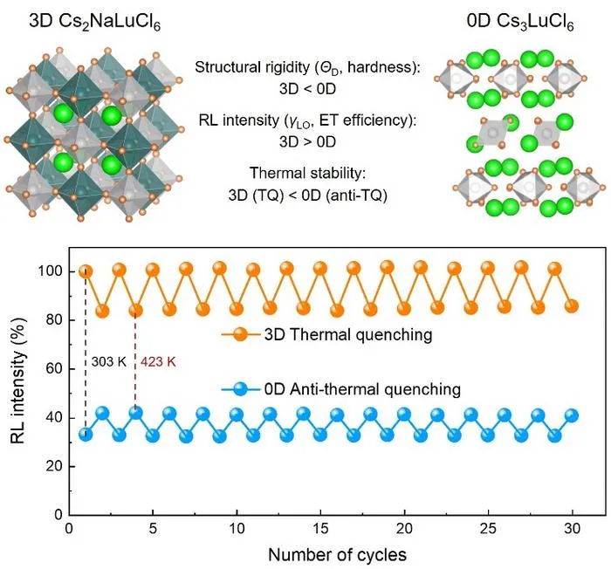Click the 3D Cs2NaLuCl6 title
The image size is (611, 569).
(94, 22)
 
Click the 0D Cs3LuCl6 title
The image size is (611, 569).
(520, 22)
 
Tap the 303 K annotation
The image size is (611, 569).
(109, 362)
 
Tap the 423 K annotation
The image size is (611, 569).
(158, 362)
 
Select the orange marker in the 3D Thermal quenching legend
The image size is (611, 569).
(240, 334)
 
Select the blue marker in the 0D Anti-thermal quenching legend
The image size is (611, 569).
(240, 389)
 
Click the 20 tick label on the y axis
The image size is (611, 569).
(54, 467)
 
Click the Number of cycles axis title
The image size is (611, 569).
(337, 555)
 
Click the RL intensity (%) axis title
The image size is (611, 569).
(18, 381)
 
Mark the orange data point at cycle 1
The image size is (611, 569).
(86, 271)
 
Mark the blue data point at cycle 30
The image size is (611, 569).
(572, 415)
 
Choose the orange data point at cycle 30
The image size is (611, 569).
(572, 306)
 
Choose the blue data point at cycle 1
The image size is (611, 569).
(86, 434)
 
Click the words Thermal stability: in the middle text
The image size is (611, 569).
(308, 173)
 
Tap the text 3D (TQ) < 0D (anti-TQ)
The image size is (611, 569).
(308, 195)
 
